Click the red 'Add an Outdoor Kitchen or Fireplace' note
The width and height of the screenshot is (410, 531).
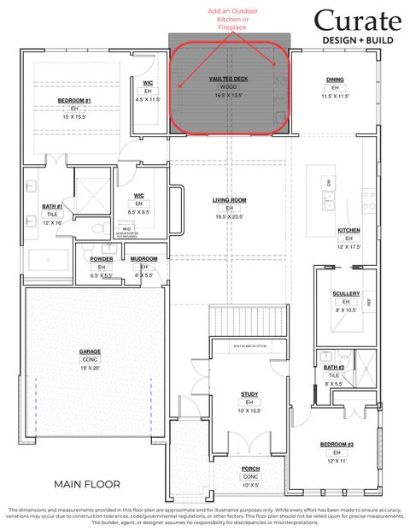click(x=230, y=21)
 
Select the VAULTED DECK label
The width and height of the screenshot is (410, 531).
click(x=229, y=78)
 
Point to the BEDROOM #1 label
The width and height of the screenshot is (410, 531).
click(x=74, y=100)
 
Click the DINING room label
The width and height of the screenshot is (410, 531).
click(x=335, y=80)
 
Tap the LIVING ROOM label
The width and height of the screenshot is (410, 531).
click(x=229, y=200)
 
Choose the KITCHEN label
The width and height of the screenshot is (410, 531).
click(x=348, y=230)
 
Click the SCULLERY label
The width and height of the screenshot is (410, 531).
click(x=346, y=293)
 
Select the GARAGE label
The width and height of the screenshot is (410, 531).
click(x=91, y=351)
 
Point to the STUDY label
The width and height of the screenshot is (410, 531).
click(x=249, y=393)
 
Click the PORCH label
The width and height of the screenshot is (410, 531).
click(x=250, y=468)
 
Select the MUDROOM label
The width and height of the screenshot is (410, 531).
click(x=143, y=258)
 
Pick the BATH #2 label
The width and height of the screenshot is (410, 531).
click(x=334, y=367)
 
